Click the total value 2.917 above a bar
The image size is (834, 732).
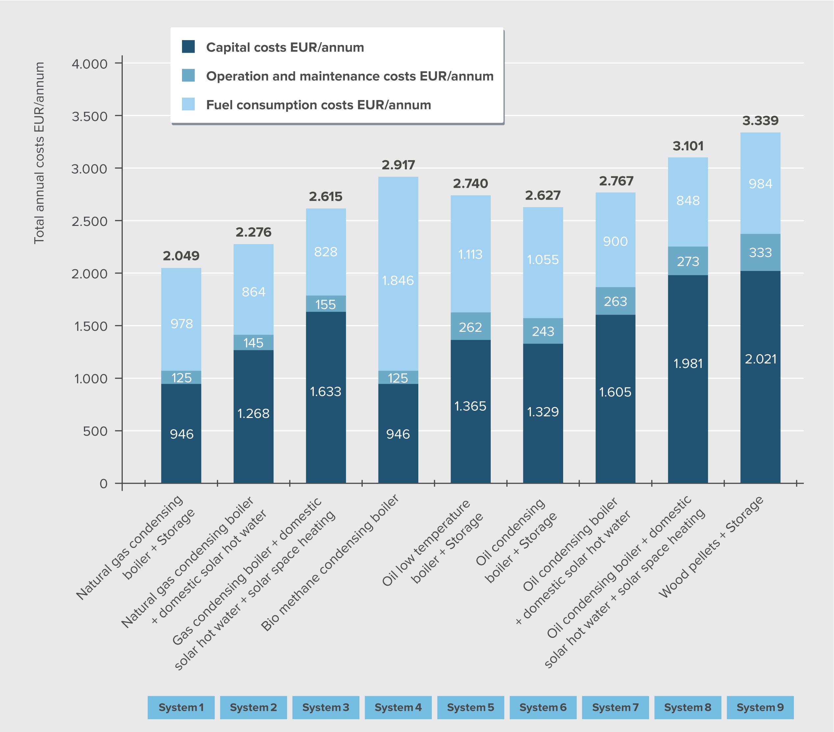point(398,165)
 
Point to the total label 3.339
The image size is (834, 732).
point(760,121)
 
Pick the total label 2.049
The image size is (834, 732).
point(181,256)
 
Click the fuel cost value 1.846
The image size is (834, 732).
point(398,281)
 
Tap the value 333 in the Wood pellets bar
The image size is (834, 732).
point(760,253)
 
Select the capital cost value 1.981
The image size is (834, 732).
point(688,364)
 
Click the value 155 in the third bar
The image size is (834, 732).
point(326,305)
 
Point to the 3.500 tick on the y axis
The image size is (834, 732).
point(90,116)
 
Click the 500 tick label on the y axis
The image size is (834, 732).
point(95,431)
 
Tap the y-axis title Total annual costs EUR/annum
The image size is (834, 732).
point(39,153)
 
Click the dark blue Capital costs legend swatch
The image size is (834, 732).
point(188,46)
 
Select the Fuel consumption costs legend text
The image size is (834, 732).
point(318,105)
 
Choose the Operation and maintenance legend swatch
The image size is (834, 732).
point(188,75)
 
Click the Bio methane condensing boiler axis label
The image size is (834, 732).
point(330,562)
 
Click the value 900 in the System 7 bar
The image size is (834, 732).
point(615,241)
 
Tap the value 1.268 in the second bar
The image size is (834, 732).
point(253,414)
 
